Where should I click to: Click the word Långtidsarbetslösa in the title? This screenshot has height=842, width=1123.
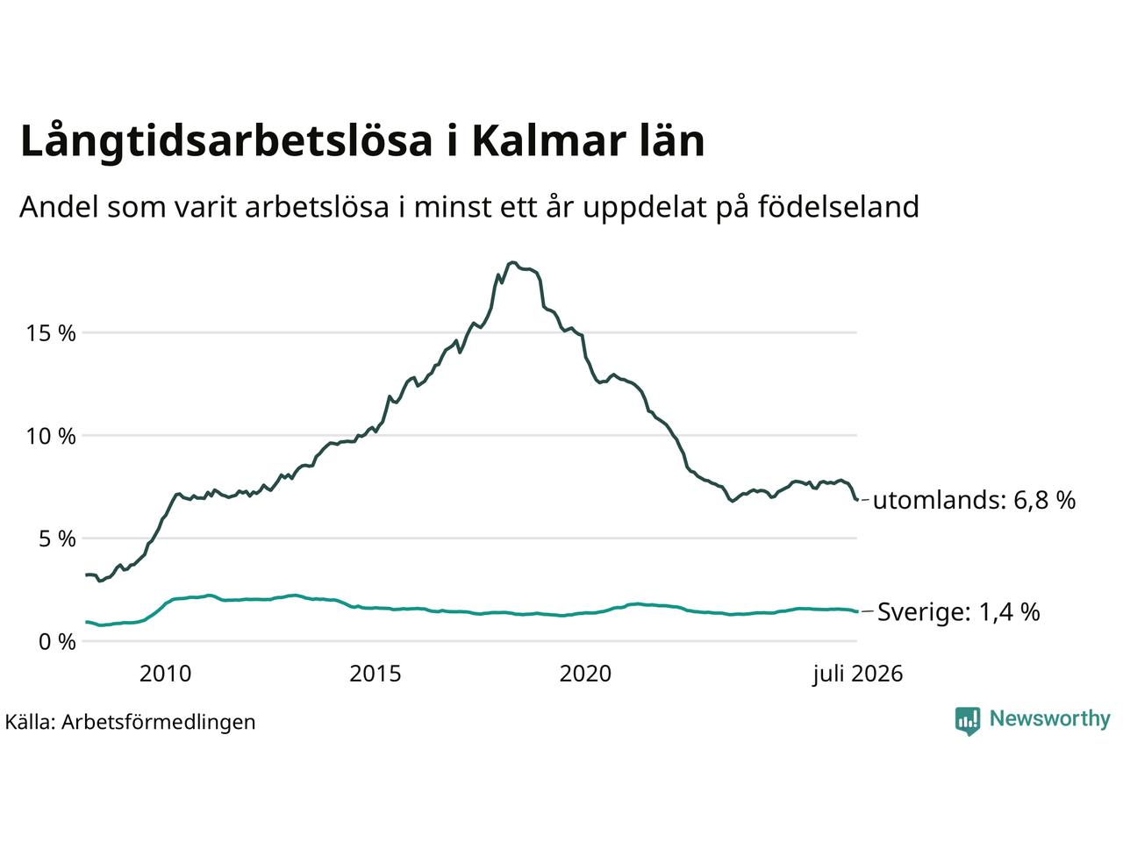(x=226, y=141)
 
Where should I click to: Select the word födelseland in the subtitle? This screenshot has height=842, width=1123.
(x=838, y=206)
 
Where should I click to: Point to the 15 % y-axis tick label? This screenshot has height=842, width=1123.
(x=51, y=333)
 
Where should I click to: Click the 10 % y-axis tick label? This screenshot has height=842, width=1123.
(x=51, y=436)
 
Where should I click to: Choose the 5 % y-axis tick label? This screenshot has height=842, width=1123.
(x=57, y=539)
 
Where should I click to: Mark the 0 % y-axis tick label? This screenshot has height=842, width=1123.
(x=57, y=642)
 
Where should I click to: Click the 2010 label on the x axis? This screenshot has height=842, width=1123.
(x=165, y=674)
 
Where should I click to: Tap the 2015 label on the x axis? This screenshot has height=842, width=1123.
(x=375, y=674)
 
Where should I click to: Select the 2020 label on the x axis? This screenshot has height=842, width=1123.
(x=585, y=674)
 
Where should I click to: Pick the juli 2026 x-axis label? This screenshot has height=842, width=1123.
(x=858, y=674)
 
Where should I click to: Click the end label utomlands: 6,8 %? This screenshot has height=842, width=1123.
(x=974, y=500)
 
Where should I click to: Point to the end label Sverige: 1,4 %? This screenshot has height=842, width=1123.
(x=959, y=611)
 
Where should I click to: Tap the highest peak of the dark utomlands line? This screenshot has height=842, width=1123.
(x=513, y=262)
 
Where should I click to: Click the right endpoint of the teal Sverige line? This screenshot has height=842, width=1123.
(x=857, y=611)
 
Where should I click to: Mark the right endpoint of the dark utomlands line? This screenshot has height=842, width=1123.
(x=857, y=499)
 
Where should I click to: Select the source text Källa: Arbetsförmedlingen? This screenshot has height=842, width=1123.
(x=130, y=723)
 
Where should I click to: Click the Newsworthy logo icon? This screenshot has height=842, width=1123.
(x=968, y=721)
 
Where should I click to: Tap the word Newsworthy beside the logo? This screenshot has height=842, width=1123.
(x=1050, y=719)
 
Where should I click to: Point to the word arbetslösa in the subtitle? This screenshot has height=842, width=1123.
(x=318, y=206)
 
